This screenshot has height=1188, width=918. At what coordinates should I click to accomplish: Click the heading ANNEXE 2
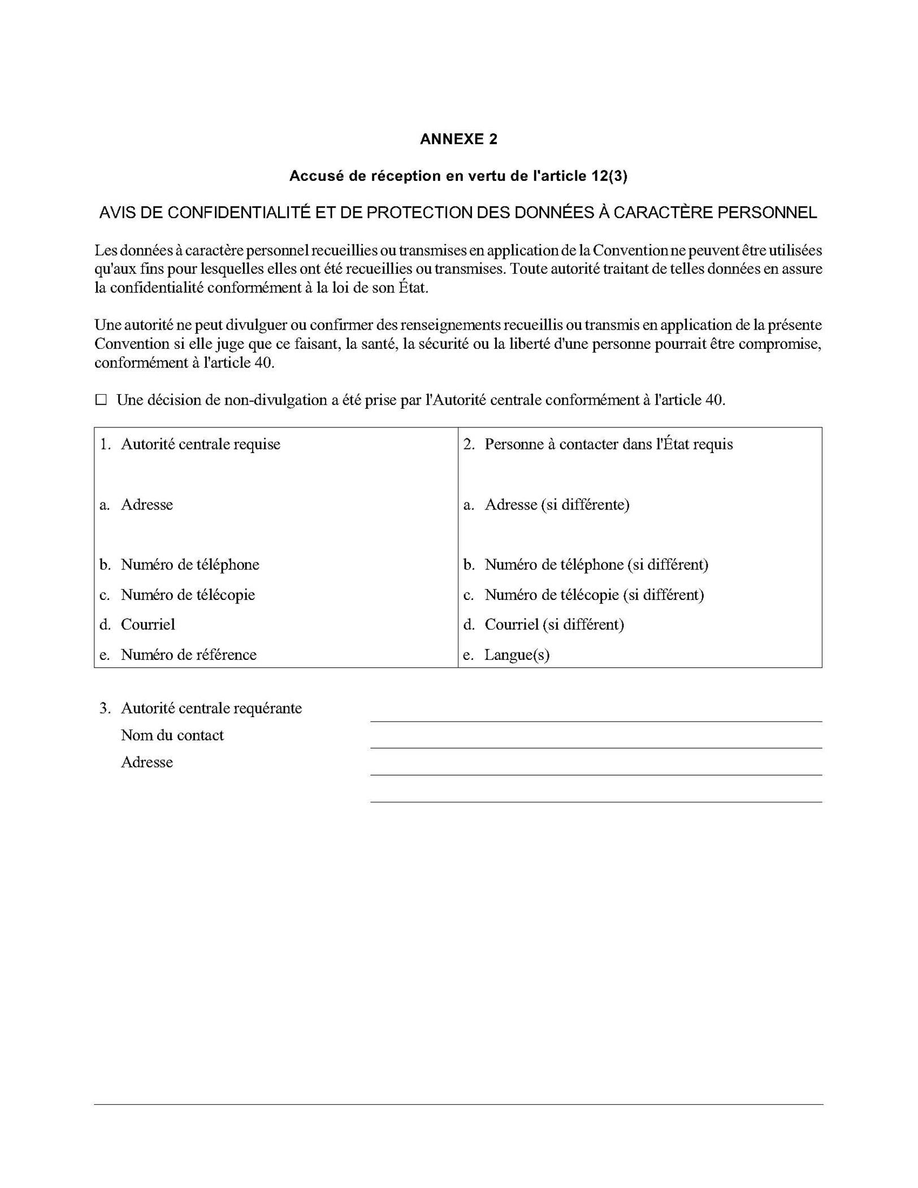click(458, 140)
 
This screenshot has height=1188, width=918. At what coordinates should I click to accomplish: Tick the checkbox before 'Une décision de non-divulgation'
click(101, 400)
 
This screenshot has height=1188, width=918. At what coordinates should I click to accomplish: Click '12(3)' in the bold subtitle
click(609, 176)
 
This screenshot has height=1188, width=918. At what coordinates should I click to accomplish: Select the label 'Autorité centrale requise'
click(200, 444)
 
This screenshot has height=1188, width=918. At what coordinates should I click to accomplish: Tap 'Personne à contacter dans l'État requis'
click(608, 444)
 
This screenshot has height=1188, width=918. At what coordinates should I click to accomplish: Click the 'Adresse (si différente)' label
click(557, 504)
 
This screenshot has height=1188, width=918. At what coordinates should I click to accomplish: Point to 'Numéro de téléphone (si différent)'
click(596, 564)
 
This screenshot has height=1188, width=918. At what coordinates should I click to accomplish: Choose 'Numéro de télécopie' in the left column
click(188, 595)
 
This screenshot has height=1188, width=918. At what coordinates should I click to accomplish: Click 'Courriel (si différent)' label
click(554, 625)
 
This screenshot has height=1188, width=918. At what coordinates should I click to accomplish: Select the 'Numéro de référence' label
click(188, 655)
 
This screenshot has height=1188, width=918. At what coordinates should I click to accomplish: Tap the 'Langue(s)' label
click(517, 655)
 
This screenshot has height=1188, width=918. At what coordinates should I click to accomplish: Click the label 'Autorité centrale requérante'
click(211, 709)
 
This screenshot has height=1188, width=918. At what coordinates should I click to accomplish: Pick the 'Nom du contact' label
click(172, 736)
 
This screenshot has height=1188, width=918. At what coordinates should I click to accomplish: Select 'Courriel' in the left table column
click(148, 625)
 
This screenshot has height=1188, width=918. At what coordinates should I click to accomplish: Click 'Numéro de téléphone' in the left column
click(190, 564)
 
